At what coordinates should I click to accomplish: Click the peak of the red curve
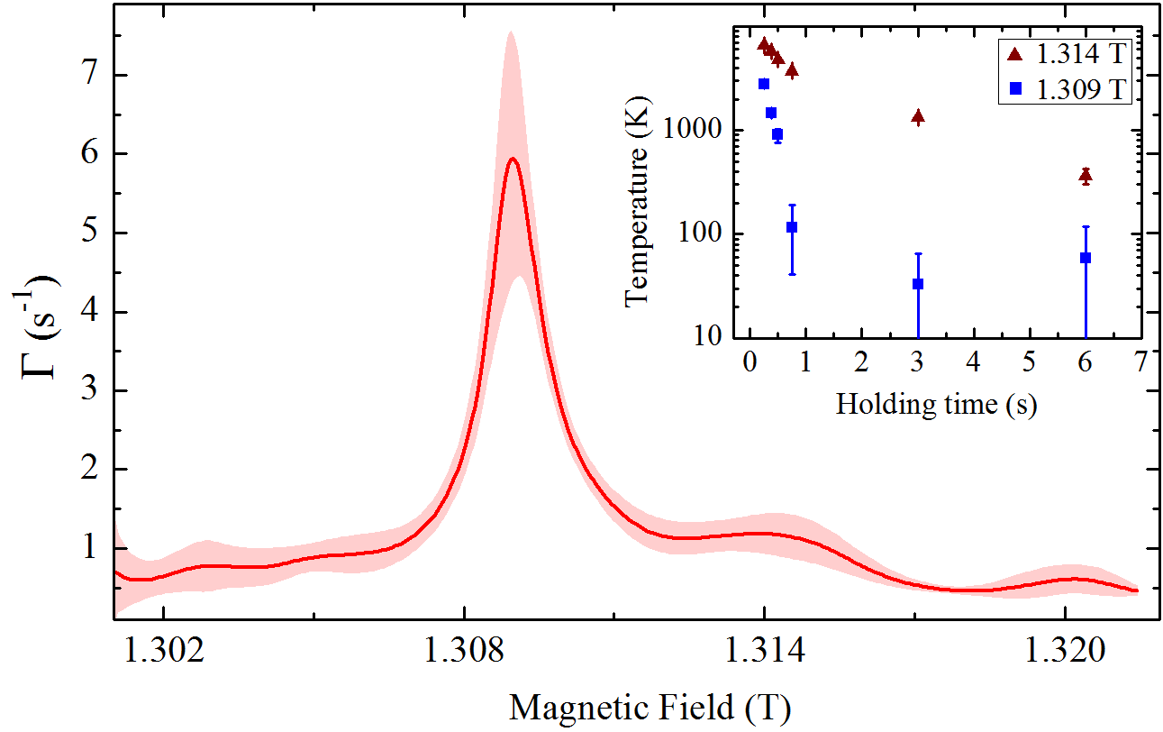pyautogui.click(x=513, y=159)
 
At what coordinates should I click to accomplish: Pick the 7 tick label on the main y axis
pyautogui.click(x=86, y=75)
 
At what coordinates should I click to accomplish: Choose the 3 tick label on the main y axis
pyautogui.click(x=86, y=390)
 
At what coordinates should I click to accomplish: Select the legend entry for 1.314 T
pyautogui.click(x=1067, y=54)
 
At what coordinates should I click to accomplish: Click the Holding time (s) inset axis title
pyautogui.click(x=936, y=403)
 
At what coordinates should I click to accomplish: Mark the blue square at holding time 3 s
pyautogui.click(x=918, y=284)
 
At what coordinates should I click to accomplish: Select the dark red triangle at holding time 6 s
pyautogui.click(x=1086, y=176)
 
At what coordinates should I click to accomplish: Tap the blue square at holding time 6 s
pyautogui.click(x=1086, y=258)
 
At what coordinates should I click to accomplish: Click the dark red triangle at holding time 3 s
pyautogui.click(x=918, y=116)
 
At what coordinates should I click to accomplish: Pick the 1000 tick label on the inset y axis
pyautogui.click(x=693, y=131)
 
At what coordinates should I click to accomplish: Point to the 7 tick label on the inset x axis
pyautogui.click(x=1140, y=361)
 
